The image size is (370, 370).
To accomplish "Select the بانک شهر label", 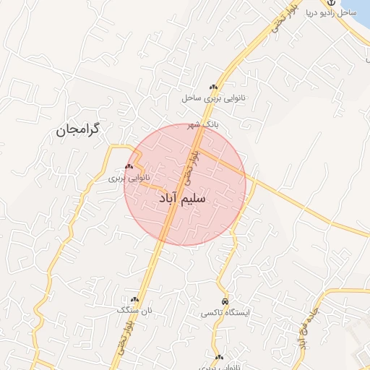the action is point(202,125).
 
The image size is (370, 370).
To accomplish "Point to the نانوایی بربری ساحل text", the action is point(214,97).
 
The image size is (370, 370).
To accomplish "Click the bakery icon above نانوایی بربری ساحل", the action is point(214,87).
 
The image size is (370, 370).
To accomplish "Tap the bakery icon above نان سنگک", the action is point(134,299).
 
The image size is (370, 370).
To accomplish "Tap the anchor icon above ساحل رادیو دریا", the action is point(332,3).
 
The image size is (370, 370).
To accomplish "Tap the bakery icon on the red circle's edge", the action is point(129,167).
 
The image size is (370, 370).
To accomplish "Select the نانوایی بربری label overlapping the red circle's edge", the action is point(129,177).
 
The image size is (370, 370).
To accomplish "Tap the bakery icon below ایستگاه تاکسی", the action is point(219,357).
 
